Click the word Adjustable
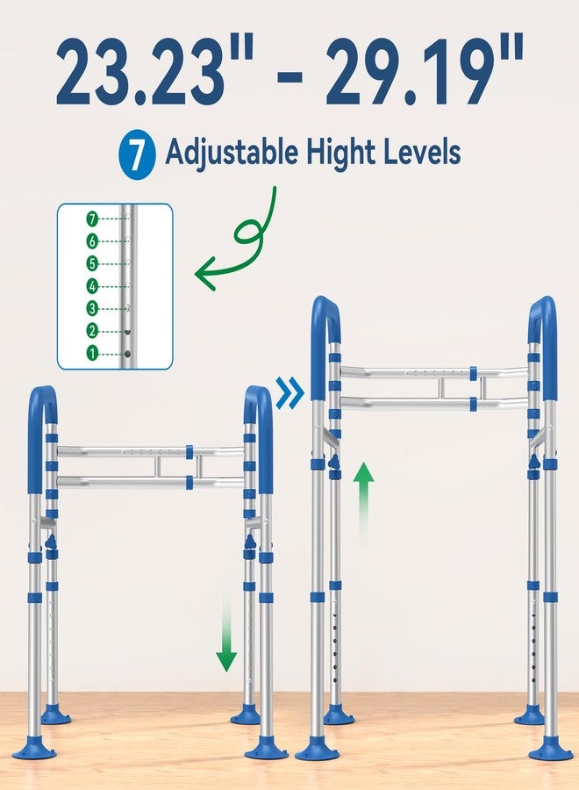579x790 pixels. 232,153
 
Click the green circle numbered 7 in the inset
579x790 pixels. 92,219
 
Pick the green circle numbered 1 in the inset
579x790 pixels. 92,354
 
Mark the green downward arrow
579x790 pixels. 226,629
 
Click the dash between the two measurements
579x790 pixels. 290,77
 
